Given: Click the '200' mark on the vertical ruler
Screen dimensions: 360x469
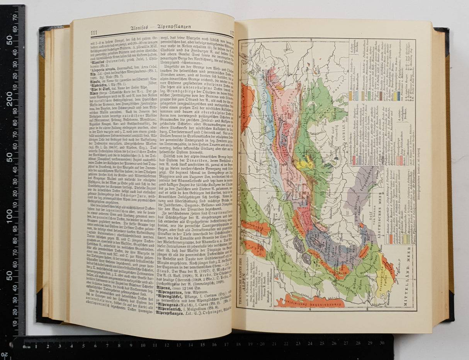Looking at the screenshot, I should pyautogui.click(x=11, y=102).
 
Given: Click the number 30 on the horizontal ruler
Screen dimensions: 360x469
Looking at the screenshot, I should pyautogui.click(x=382, y=342).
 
